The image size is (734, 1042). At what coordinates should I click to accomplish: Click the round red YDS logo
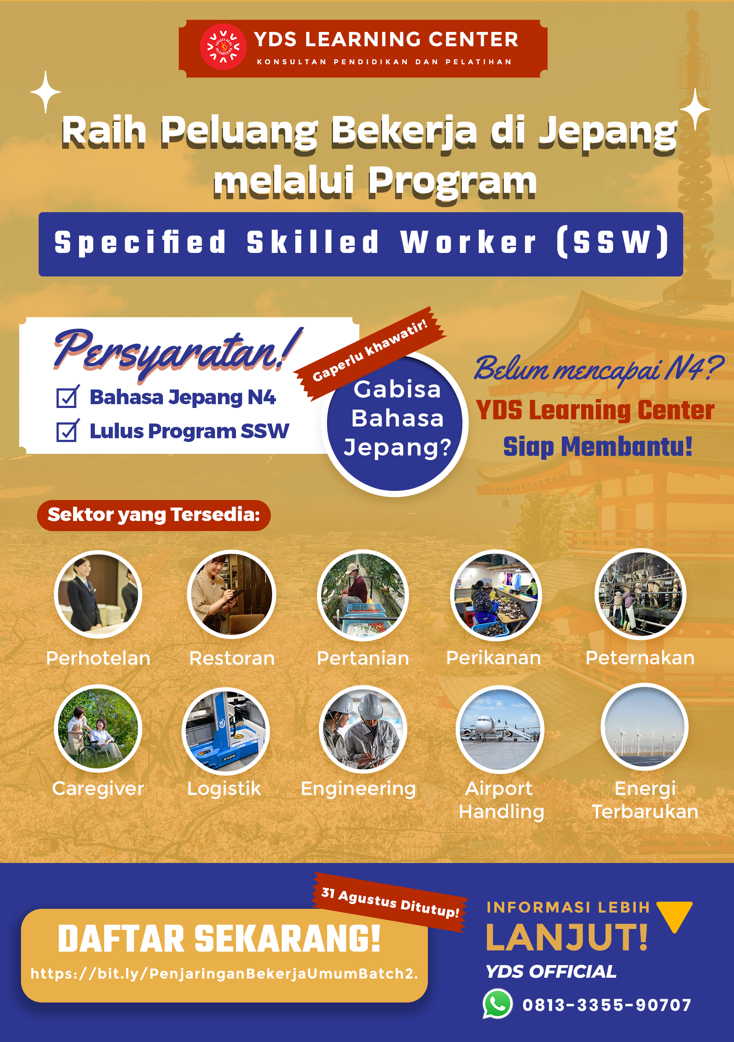coord(223,47)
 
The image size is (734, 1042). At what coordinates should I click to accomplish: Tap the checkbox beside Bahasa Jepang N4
coord(68,397)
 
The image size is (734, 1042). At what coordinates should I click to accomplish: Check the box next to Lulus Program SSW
coord(68,431)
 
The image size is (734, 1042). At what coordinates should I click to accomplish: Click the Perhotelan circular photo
coord(98,595)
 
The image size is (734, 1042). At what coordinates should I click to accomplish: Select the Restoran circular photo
coord(231,595)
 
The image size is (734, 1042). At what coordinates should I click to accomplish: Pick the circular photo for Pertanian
coord(363,595)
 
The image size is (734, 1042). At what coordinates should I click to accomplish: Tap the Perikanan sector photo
coord(496,595)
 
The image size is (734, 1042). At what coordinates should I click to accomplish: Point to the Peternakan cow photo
coord(640,594)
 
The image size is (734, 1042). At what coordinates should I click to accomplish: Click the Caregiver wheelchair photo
coord(98,729)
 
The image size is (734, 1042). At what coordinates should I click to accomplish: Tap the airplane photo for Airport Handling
coord(499,729)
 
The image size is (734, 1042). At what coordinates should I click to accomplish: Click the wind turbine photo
coord(645,727)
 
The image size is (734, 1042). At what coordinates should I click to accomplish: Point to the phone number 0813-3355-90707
coord(607,1005)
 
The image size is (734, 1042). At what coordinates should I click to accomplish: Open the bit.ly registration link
coord(224,974)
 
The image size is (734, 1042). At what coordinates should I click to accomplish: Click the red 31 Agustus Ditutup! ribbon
coord(390,902)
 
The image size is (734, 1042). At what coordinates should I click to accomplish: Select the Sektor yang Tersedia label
coord(154,515)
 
